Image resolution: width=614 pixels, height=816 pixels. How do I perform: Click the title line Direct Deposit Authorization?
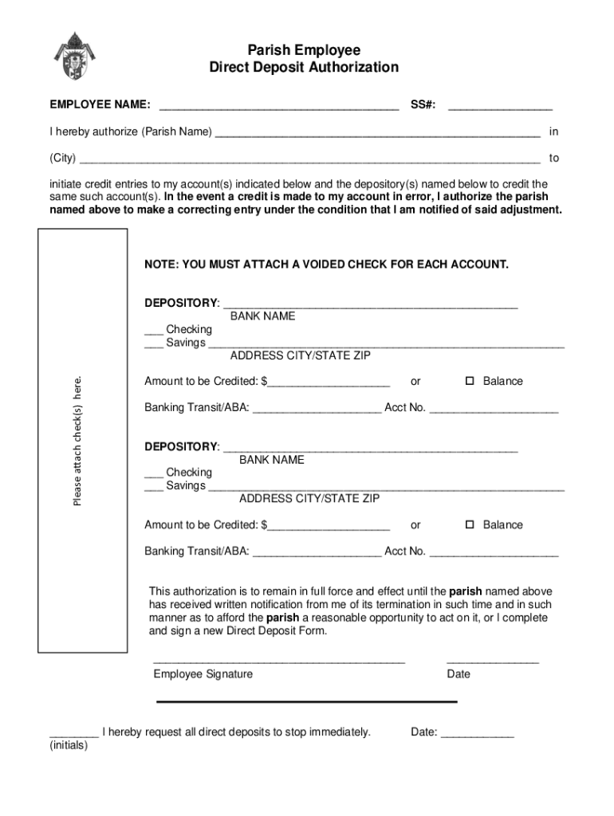tap(304, 68)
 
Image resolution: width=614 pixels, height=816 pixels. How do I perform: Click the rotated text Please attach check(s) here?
tap(77, 441)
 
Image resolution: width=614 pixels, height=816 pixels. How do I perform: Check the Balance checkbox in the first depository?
tap(470, 381)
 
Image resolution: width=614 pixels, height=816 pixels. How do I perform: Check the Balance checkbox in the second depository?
tap(470, 524)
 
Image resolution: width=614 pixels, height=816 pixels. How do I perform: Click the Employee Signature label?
tap(203, 674)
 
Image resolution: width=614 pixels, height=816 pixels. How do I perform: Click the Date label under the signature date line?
tap(459, 674)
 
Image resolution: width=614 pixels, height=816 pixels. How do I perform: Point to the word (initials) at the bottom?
tap(69, 746)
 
